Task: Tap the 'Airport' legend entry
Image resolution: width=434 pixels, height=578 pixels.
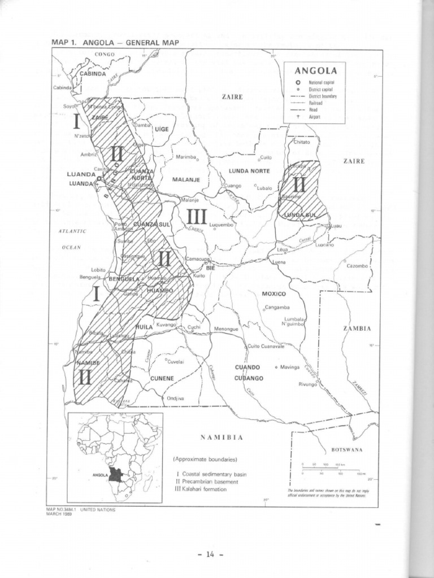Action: tap(314, 117)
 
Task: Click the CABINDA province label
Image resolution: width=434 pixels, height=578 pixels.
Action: tap(92, 74)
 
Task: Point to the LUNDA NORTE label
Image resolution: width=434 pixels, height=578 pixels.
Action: tap(249, 170)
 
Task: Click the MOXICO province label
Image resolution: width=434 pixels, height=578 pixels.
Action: tap(274, 294)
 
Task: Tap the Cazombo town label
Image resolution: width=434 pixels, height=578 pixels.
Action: tap(357, 266)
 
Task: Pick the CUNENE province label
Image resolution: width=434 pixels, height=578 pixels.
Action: tap(162, 378)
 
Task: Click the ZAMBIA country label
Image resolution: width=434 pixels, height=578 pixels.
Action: tap(357, 329)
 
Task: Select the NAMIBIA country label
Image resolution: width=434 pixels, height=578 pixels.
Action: tap(222, 437)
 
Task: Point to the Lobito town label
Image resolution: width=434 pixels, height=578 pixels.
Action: tap(98, 270)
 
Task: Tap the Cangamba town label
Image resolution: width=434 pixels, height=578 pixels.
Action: tap(277, 308)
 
